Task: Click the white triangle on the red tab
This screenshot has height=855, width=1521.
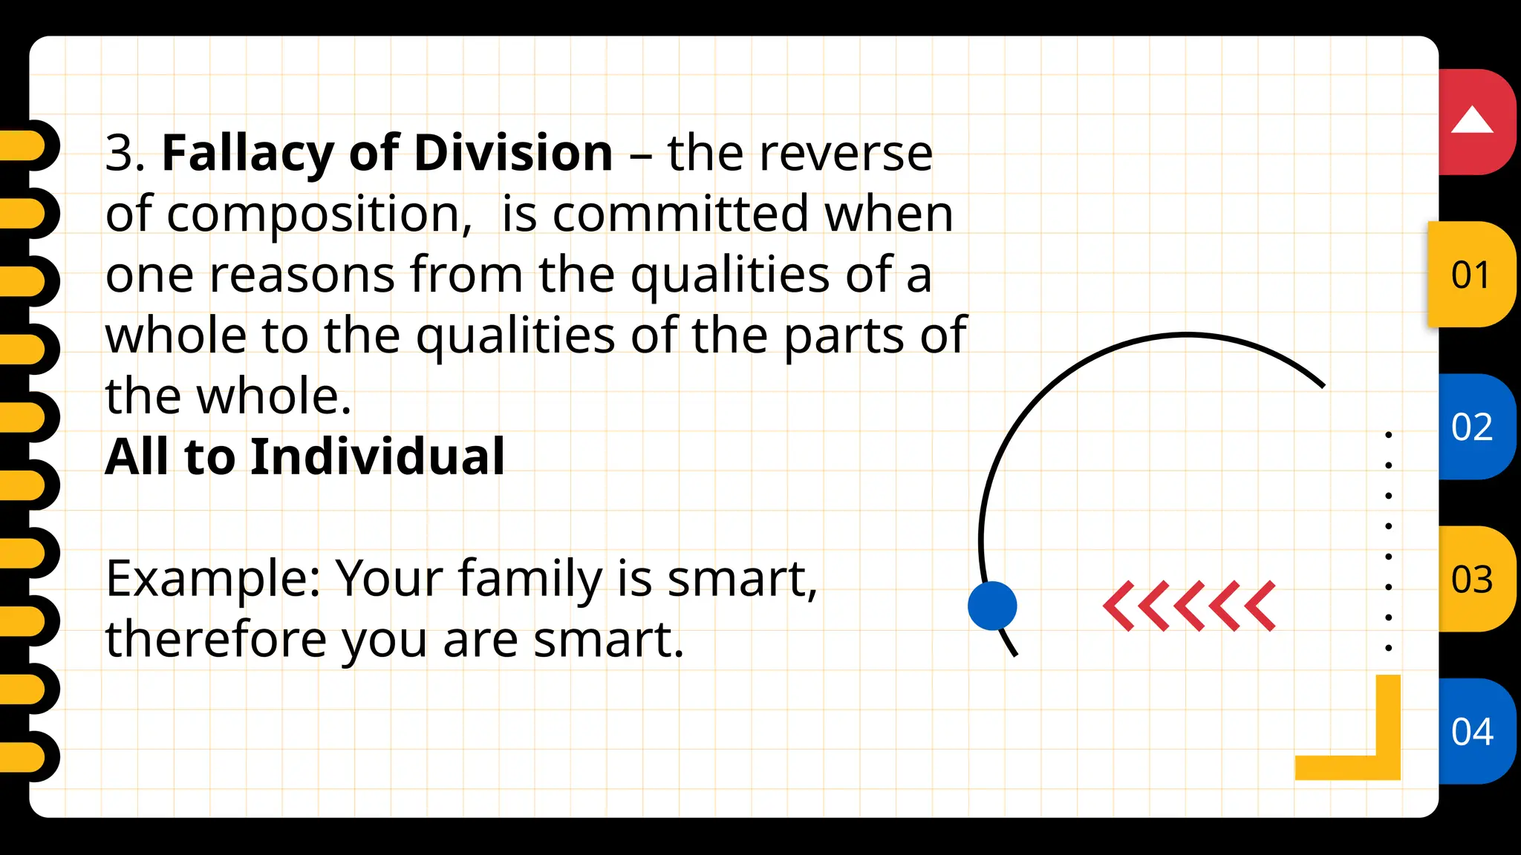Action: pos(1471,120)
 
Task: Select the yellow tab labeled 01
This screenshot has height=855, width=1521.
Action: pos(1470,275)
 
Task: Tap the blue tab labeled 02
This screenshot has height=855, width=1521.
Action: pos(1472,427)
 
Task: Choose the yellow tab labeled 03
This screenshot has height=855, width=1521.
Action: pos(1472,579)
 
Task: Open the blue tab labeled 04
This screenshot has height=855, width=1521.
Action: pos(1472,731)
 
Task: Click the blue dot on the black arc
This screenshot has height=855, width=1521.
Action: pos(992,606)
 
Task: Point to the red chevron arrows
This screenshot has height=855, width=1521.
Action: pos(1189,606)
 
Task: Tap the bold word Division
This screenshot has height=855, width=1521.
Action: pos(512,153)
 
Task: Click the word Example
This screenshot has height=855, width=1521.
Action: pos(212,579)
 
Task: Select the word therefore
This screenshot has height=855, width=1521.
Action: pos(215,640)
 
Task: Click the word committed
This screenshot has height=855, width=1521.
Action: pos(680,214)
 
